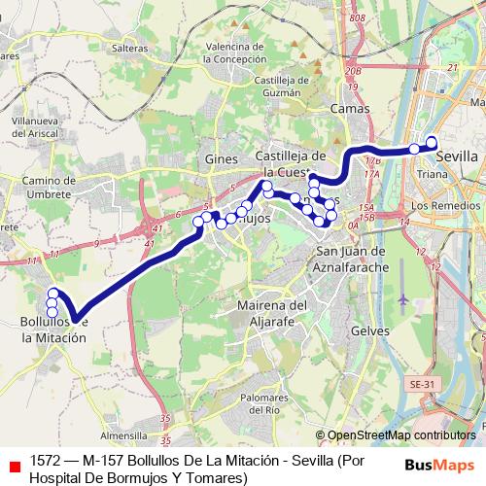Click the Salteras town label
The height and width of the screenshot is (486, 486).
[130, 47]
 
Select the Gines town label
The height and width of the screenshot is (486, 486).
[215, 157]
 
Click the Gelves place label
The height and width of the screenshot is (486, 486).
[368, 330]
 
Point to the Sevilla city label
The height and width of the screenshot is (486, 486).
[457, 156]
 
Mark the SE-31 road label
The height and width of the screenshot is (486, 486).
[423, 385]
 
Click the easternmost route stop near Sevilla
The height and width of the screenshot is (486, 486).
[432, 144]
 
